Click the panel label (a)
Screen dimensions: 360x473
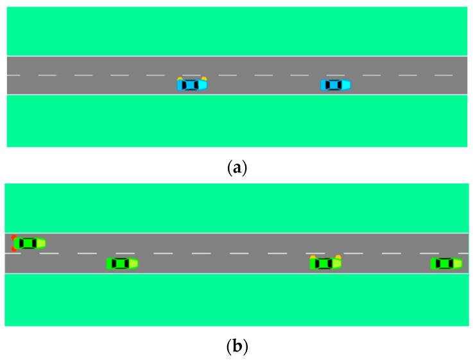(x=237, y=168)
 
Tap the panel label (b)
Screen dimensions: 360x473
(x=237, y=347)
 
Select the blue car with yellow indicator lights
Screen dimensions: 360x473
(x=192, y=84)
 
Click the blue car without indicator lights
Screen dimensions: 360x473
(x=335, y=84)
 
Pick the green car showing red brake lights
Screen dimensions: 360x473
(x=29, y=243)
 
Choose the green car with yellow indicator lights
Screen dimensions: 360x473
(x=325, y=262)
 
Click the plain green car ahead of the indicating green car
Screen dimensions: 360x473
(x=446, y=263)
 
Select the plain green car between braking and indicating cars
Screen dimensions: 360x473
(x=122, y=263)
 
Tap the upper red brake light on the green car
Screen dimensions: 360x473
(x=14, y=237)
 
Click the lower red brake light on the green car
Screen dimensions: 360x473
(x=14, y=248)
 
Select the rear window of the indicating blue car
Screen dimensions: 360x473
(x=184, y=84)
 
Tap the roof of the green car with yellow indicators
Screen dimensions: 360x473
(x=324, y=263)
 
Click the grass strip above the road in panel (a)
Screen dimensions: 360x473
(x=236, y=31)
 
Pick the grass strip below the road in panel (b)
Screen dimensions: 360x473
(x=236, y=300)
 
